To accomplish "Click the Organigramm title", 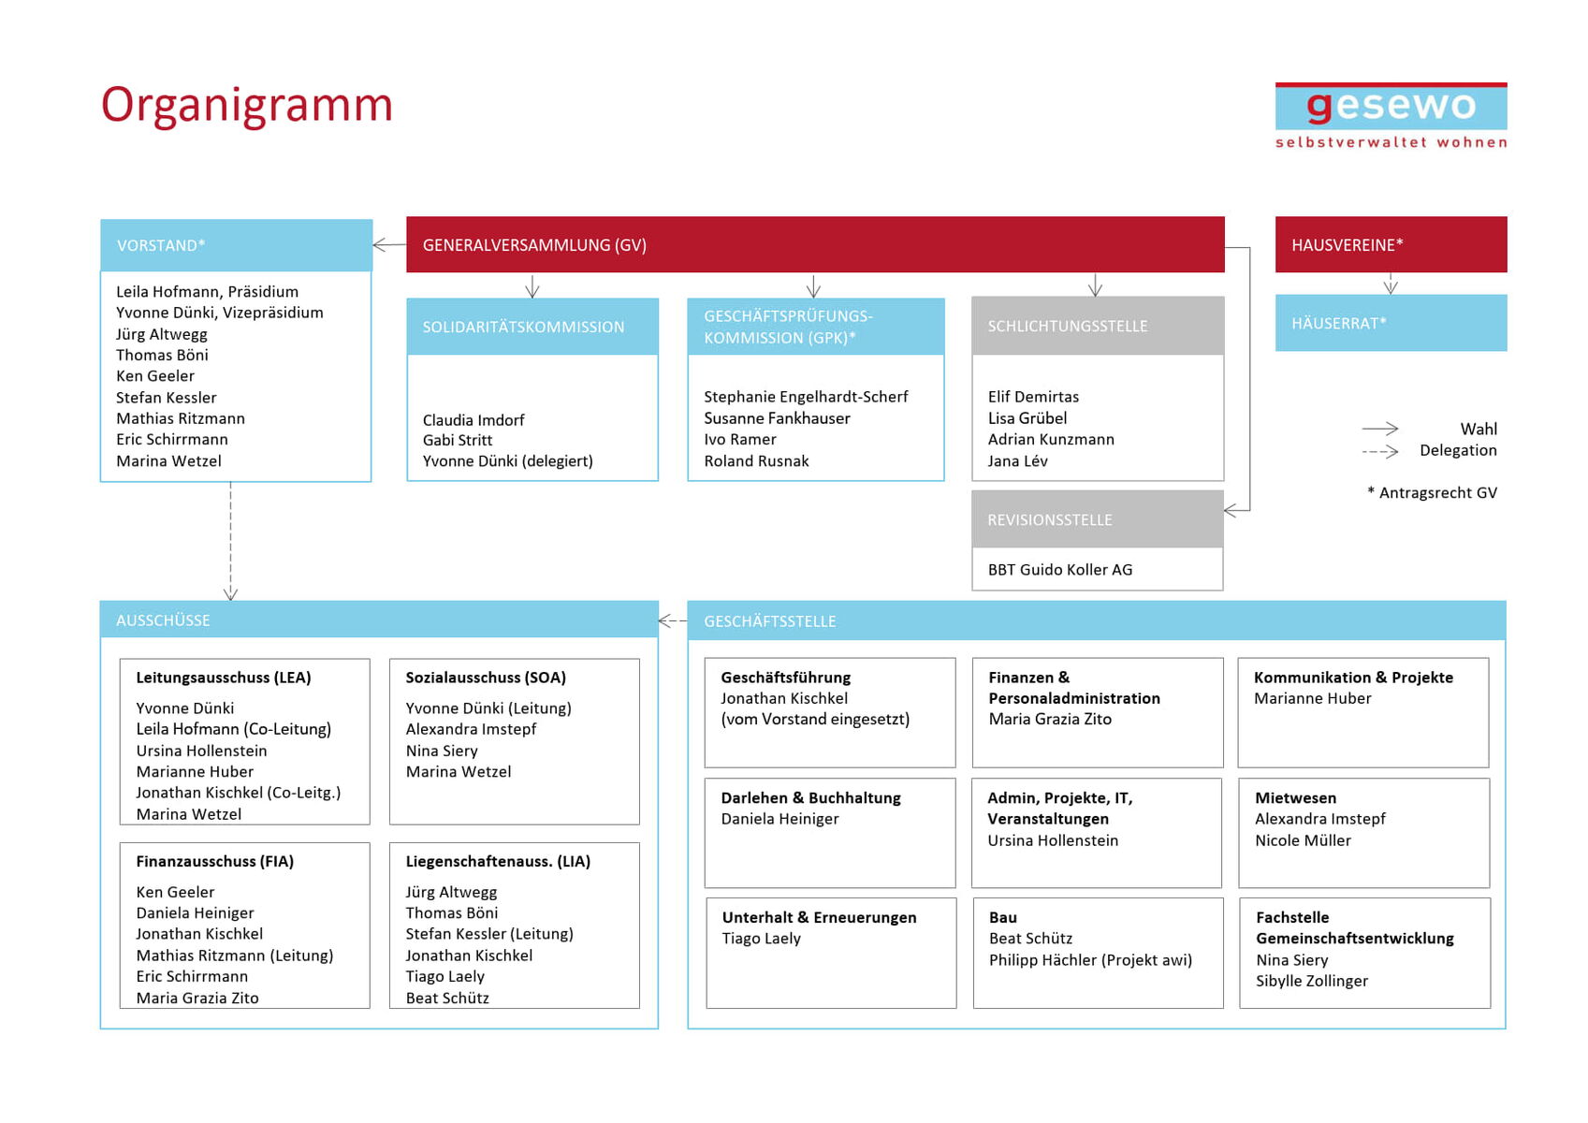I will tap(246, 105).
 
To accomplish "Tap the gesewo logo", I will tap(1391, 114).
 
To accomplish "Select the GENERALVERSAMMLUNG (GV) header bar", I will tap(814, 245).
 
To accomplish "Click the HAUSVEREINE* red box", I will tap(1391, 245).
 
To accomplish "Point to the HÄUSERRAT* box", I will tap(1391, 323).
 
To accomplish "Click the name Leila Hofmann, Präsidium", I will tap(207, 292).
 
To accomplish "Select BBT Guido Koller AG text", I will tap(1059, 569).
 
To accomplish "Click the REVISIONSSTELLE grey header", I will tap(1097, 519).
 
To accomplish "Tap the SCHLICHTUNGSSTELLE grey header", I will tap(1097, 326).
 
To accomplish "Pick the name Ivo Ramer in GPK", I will tap(740, 439).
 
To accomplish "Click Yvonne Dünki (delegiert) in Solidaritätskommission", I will tap(507, 460).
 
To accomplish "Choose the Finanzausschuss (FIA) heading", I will tap(214, 861).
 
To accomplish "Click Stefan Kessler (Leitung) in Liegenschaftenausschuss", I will tap(488, 934).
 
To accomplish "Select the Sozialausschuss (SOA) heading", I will tap(486, 678).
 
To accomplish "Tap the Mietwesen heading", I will tap(1295, 797).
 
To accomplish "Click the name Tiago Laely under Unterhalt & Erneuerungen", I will tap(761, 938).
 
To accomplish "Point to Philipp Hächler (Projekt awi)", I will tap(1090, 959).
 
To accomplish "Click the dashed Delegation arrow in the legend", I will tap(1379, 451).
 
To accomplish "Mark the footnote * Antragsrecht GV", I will tap(1432, 492).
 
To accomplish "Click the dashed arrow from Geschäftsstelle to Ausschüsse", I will tap(673, 620).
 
